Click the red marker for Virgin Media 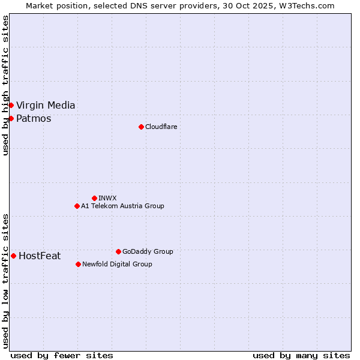[11, 106]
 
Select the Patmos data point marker [11, 118]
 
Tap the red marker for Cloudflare [141, 127]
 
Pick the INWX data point [94, 198]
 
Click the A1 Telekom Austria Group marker [77, 206]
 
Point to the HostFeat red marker [13, 256]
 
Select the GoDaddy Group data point [118, 251]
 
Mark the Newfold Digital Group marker [78, 264]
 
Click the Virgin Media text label [46, 106]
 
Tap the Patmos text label [34, 118]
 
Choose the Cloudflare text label [161, 127]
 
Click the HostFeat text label [40, 256]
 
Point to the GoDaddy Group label [148, 251]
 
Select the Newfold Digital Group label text [117, 264]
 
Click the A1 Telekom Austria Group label [122, 206]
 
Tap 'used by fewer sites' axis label [62, 355]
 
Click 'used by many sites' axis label [301, 355]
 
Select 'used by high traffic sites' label [6, 85]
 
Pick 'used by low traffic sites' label [6, 281]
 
